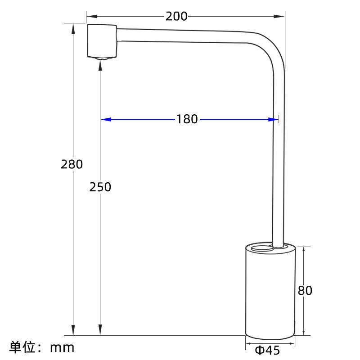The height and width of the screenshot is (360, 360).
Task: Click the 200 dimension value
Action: [x=176, y=17]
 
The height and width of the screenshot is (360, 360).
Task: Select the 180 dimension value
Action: [x=187, y=119]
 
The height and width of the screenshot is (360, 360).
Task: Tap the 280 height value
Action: [x=72, y=164]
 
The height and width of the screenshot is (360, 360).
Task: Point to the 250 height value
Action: [x=100, y=187]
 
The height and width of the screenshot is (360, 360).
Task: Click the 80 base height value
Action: [x=305, y=290]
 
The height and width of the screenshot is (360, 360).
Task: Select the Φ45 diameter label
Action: [x=267, y=351]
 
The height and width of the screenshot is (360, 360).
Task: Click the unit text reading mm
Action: [x=62, y=347]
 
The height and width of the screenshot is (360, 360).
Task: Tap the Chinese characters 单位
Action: [x=23, y=347]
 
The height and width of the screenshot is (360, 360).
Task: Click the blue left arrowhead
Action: [x=106, y=119]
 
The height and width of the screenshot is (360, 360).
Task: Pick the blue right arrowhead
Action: [x=273, y=119]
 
